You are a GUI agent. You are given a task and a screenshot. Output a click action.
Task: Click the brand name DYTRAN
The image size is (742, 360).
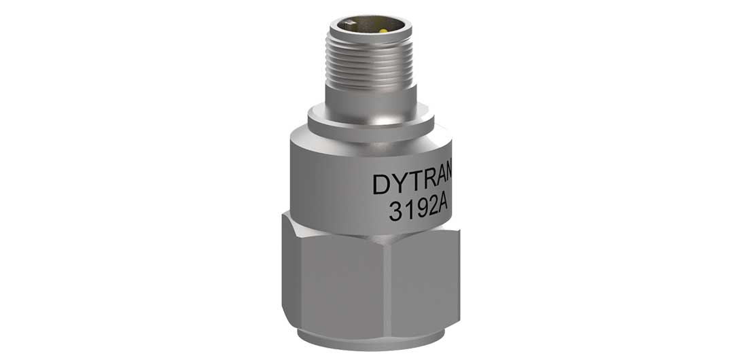[x=412, y=184]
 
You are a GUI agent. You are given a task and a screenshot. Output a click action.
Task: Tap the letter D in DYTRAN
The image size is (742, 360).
[x=383, y=184]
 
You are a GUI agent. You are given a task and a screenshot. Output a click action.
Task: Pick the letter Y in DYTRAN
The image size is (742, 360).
[x=401, y=184]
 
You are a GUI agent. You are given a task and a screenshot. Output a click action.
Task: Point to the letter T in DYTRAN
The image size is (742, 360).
[x=417, y=184]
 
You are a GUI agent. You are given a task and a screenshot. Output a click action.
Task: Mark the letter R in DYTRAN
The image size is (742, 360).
[x=431, y=184]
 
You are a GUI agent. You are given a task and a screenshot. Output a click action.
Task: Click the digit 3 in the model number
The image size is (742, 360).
[x=395, y=211]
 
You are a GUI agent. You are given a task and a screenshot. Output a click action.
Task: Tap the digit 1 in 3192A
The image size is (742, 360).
[x=408, y=211]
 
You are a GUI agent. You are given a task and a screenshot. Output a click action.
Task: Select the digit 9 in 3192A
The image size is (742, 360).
[x=419, y=211]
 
